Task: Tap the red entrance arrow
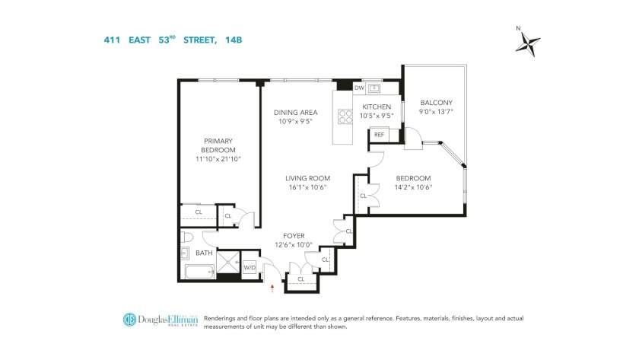point(272,289)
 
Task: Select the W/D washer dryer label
point(250,268)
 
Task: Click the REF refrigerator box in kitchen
point(379,135)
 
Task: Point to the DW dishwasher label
point(359,88)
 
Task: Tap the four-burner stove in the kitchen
point(345,116)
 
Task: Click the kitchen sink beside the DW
point(374,88)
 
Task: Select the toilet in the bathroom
point(186,237)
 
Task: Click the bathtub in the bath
point(199,272)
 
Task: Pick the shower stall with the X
point(228,262)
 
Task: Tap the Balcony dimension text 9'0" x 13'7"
point(436,112)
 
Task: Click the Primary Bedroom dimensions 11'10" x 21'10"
point(218,159)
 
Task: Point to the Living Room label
point(307,178)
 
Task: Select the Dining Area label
point(295,113)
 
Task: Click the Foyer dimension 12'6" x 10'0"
point(294,245)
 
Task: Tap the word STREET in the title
point(199,40)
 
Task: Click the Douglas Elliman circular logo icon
point(129,319)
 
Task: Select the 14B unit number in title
point(234,40)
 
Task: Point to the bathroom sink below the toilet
point(185,253)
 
